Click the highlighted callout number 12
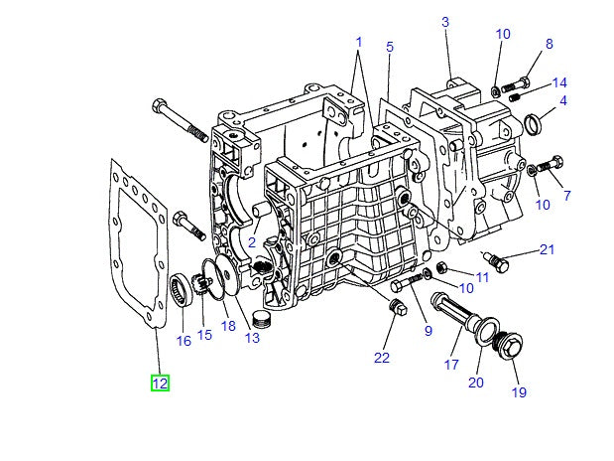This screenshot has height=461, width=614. (160, 383)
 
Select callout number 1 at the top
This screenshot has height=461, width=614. (358, 43)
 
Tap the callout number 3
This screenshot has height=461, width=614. (445, 22)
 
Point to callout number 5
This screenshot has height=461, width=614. (390, 47)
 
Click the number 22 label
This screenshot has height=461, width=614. (382, 357)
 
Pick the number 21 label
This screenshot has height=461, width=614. (547, 249)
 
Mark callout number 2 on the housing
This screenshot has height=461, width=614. (253, 242)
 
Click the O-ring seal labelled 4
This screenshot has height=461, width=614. (533, 123)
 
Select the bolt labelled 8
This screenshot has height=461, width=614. (523, 79)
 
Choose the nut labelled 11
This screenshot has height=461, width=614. (442, 268)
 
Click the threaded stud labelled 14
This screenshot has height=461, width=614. (514, 96)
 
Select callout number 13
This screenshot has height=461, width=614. (252, 338)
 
